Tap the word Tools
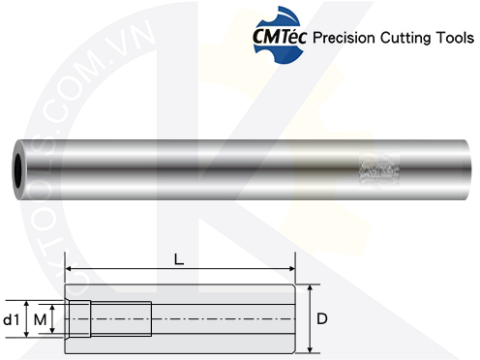(x=457, y=41)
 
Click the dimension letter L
(x=179, y=259)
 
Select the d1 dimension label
(x=12, y=318)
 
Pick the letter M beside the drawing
(x=40, y=318)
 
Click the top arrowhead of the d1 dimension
(x=26, y=302)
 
